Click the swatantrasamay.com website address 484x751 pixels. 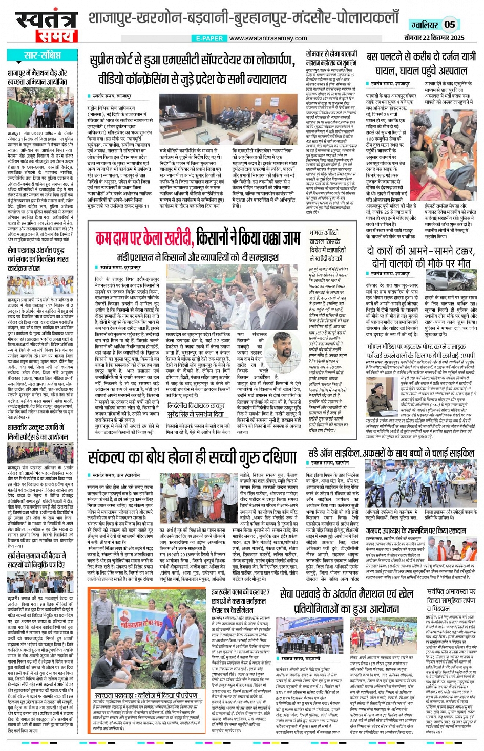tap(268, 38)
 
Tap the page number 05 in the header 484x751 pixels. tap(449, 24)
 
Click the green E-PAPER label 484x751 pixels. tap(209, 38)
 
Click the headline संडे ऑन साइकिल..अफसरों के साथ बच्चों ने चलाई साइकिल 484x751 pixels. tap(391, 453)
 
